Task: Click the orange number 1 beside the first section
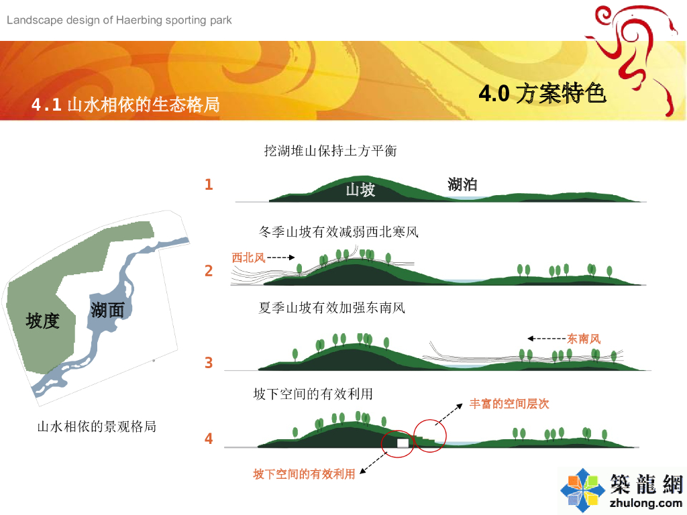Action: [x=209, y=184]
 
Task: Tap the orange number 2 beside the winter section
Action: [x=209, y=271]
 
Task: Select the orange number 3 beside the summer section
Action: [x=209, y=363]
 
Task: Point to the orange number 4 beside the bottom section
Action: [x=209, y=439]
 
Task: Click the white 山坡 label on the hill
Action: [x=360, y=190]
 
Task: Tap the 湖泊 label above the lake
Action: [x=462, y=184]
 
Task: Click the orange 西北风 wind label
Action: [x=248, y=257]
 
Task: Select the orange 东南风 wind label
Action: [x=584, y=339]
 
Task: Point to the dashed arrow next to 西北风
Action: [x=281, y=257]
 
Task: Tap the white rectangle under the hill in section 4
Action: [x=403, y=443]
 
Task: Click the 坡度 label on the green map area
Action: [x=42, y=321]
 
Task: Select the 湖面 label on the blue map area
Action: [x=107, y=310]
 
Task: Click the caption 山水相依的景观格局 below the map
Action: [x=97, y=426]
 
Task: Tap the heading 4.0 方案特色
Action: [x=542, y=93]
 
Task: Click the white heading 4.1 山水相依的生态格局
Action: [x=125, y=105]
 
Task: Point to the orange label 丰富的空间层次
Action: [x=509, y=404]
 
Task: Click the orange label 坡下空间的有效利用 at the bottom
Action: [x=304, y=474]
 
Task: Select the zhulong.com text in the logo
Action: [x=646, y=503]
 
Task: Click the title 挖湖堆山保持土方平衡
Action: [x=330, y=151]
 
